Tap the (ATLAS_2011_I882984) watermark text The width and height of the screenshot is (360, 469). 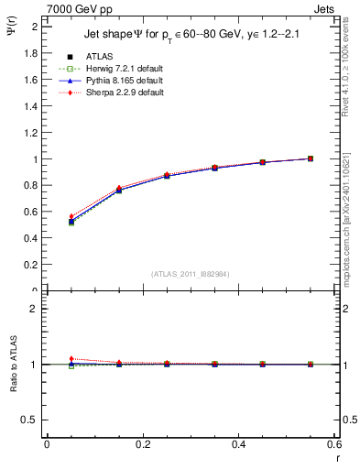coord(191,274)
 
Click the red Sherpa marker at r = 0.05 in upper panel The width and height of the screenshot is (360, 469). coord(71,216)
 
